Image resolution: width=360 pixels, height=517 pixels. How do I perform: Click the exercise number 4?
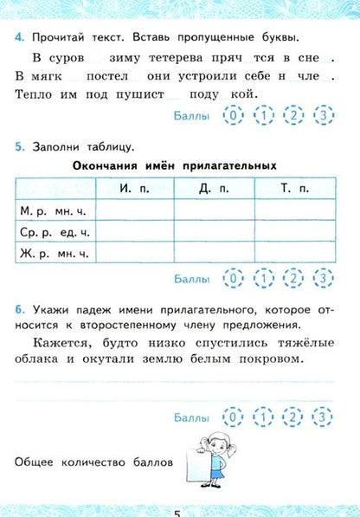point(19,37)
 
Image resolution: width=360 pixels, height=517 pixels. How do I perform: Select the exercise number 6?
point(19,309)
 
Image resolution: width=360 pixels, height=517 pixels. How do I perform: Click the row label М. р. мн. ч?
point(53,210)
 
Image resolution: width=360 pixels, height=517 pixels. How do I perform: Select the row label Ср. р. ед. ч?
point(54,231)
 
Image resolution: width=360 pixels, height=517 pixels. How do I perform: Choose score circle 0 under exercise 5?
point(231,278)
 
